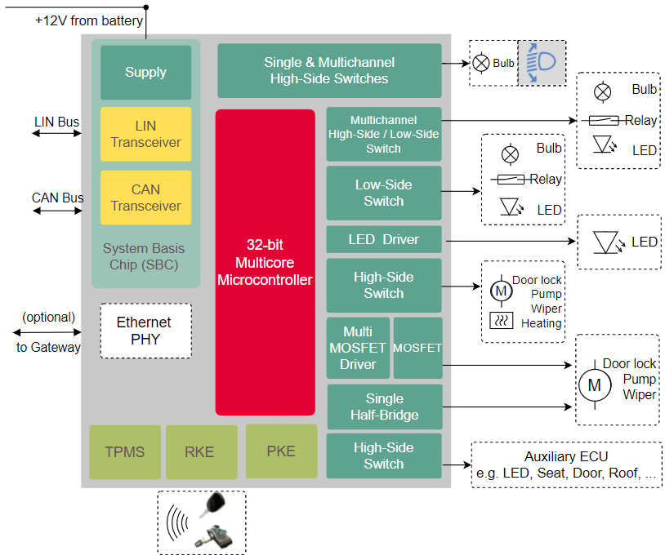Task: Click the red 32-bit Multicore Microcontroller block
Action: pos(265,262)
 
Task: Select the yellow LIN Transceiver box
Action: pos(145,134)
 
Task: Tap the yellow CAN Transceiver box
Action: pos(145,198)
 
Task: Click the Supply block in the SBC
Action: pos(145,73)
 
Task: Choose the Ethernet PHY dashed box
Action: pos(145,331)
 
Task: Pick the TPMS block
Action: pos(124,451)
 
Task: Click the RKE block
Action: pos(201,451)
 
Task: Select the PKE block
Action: pos(281,451)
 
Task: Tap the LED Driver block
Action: pos(383,240)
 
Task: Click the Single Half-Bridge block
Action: pos(384,407)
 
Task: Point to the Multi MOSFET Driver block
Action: pos(359,348)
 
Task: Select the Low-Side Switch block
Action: pos(383,193)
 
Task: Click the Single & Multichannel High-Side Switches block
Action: pos(328,71)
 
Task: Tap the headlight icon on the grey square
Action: pos(541,63)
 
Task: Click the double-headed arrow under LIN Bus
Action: pos(57,133)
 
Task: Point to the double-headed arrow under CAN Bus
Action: pos(57,210)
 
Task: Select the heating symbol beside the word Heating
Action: pos(501,321)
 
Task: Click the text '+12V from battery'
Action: pos(88,20)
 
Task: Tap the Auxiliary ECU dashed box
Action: pos(566,464)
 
